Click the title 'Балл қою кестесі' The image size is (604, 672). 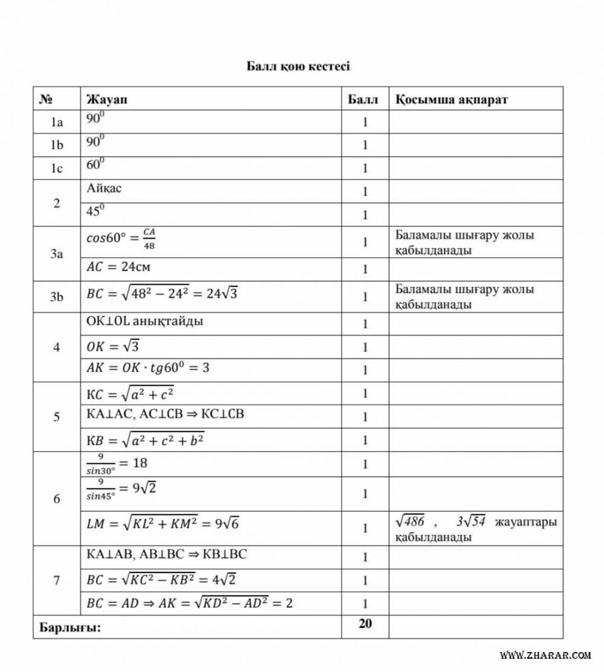[x=298, y=66]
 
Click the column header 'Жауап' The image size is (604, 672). [x=107, y=99]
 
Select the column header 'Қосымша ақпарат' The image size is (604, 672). [x=451, y=99]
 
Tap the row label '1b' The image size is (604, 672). [x=57, y=146]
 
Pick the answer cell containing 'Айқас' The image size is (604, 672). [x=104, y=188]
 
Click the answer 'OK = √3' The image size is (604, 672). [x=114, y=347]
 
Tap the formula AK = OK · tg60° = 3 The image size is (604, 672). [x=148, y=368]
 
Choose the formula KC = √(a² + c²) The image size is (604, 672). [x=133, y=394]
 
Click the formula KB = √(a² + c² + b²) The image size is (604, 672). [x=146, y=440]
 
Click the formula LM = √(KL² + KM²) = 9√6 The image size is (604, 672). [x=162, y=524]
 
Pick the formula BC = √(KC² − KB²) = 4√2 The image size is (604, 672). [x=161, y=580]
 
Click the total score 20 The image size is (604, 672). [x=365, y=624]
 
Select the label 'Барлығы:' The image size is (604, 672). [x=70, y=627]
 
